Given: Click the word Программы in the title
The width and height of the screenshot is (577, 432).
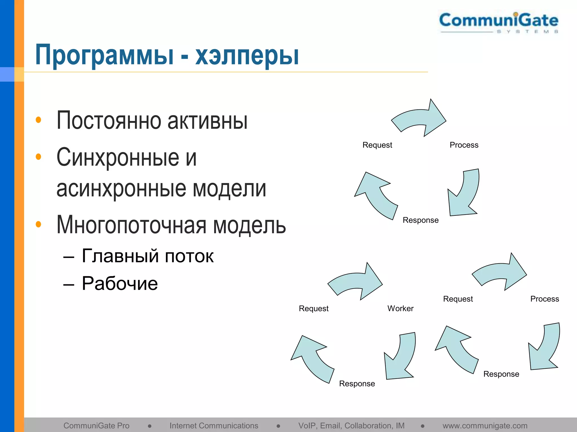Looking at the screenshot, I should [x=104, y=55].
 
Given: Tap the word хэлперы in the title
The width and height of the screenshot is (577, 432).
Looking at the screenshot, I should [x=247, y=55].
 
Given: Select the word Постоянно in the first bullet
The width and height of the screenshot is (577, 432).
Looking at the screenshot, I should [x=109, y=120].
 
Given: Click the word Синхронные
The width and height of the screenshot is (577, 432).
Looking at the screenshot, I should [x=117, y=157].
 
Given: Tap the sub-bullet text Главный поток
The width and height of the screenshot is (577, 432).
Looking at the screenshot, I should [x=148, y=256].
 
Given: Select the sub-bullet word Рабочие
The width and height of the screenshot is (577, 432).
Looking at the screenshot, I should [x=120, y=283].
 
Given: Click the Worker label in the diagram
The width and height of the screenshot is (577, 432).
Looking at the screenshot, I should [x=400, y=309].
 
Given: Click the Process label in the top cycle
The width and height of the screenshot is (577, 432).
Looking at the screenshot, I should [x=464, y=145].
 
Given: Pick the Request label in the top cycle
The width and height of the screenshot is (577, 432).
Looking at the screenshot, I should [x=377, y=145].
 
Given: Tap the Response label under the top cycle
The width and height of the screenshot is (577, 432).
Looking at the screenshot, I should [x=421, y=220].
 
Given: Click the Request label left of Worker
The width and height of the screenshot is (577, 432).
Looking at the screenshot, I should [x=314, y=309].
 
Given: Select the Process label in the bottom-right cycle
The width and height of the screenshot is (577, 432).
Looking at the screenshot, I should [x=545, y=299].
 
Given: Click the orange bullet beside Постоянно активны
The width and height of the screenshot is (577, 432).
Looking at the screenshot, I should [x=39, y=120].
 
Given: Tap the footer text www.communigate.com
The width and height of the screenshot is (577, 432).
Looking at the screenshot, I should [x=485, y=426].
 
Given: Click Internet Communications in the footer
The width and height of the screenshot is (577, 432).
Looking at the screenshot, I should [x=214, y=426].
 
